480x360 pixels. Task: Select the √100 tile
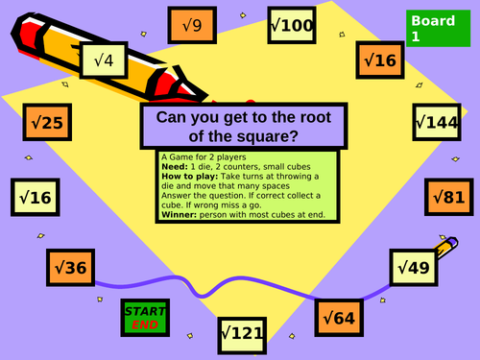click(x=289, y=24)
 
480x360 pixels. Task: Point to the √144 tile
click(x=438, y=122)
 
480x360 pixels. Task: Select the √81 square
click(x=448, y=197)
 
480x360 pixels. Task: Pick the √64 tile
click(x=340, y=316)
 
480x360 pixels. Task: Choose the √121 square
click(x=241, y=334)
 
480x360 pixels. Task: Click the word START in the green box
click(x=145, y=311)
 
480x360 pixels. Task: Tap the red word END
click(x=145, y=324)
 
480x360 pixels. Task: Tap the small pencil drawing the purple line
click(x=443, y=249)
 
